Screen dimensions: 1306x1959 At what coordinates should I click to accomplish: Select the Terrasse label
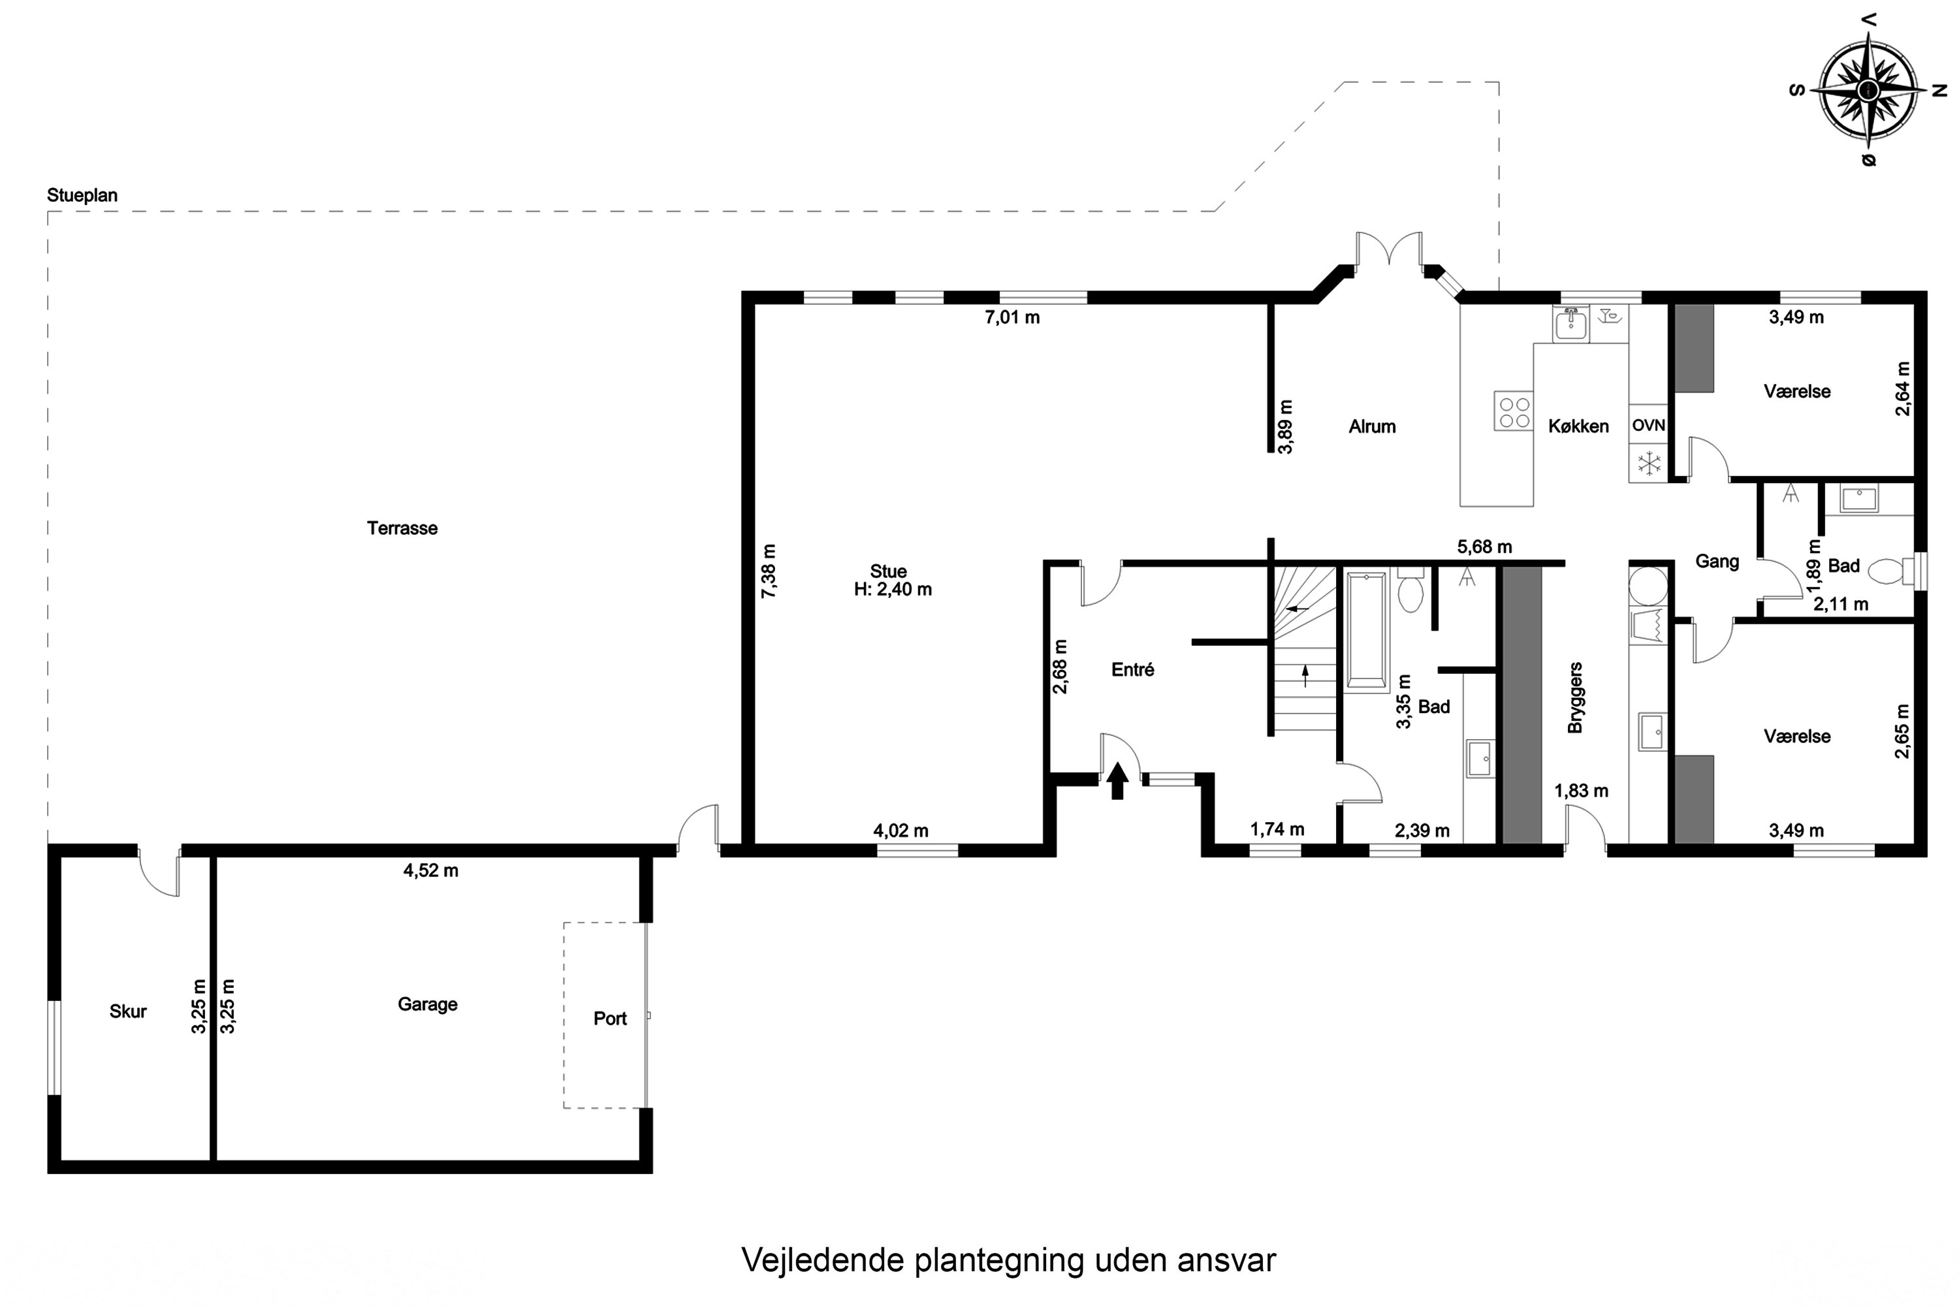402,528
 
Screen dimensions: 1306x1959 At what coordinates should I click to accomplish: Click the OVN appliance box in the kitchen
1648,426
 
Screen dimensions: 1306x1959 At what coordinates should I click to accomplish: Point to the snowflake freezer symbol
1648,464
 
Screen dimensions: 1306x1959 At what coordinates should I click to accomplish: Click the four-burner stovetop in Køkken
1512,411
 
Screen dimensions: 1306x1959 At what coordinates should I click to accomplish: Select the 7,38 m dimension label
769,571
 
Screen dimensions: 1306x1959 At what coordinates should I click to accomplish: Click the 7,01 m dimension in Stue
1012,317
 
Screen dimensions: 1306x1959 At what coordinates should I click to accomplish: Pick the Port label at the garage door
610,1019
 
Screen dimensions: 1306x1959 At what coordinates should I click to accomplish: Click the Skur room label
127,1011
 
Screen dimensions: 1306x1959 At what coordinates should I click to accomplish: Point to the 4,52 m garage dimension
430,870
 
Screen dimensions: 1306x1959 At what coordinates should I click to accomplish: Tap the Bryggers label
1574,698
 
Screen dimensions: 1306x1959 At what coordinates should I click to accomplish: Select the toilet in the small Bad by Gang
1887,571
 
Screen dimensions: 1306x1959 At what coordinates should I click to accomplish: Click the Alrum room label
1372,426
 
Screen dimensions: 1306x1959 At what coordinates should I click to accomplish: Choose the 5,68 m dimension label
1484,547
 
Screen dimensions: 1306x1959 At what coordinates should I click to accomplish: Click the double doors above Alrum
1388,250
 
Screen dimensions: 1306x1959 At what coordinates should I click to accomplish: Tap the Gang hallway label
1717,562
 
